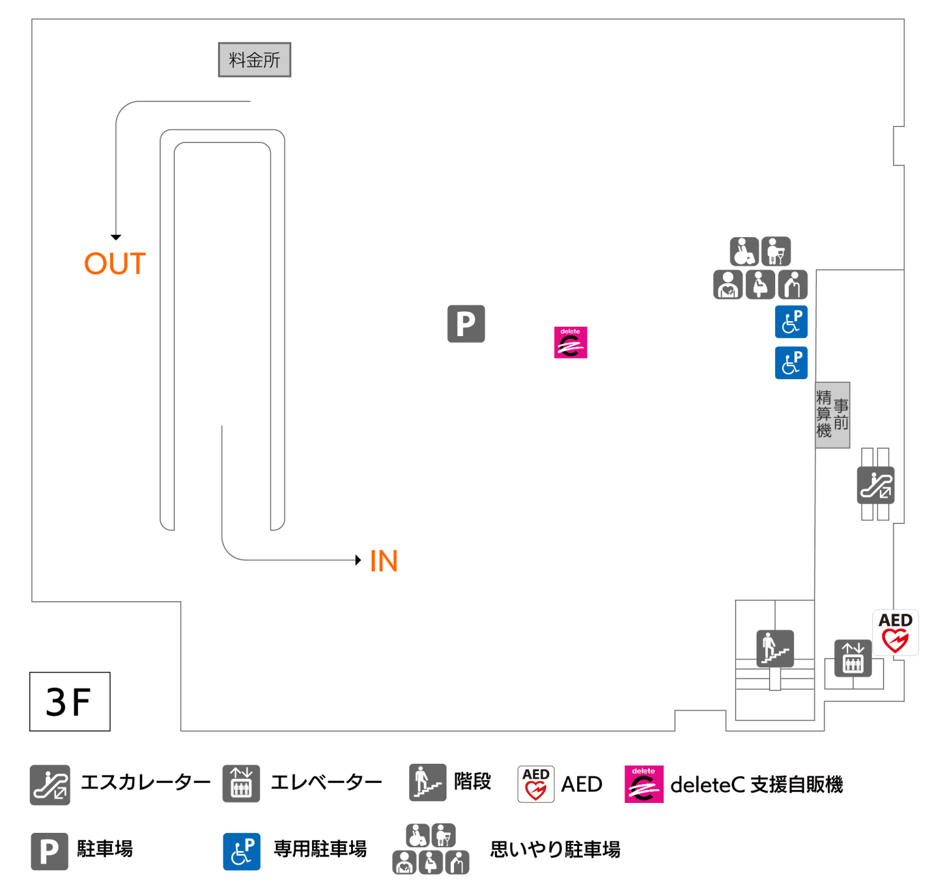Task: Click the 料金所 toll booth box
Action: click(254, 60)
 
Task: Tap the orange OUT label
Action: click(115, 264)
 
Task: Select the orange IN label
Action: click(384, 561)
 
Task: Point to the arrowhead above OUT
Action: click(116, 237)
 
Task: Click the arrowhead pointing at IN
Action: click(358, 560)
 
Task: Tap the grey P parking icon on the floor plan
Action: click(466, 324)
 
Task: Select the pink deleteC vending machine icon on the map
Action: click(570, 342)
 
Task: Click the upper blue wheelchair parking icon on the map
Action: click(791, 322)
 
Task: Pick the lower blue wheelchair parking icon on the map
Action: click(791, 363)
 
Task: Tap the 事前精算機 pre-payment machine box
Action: click(833, 415)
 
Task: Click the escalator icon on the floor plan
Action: click(875, 486)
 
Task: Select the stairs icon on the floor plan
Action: click(775, 648)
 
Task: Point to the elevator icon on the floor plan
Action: click(852, 658)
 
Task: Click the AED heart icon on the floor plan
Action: click(895, 632)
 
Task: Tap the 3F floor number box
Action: click(70, 702)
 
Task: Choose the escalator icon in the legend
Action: click(50, 785)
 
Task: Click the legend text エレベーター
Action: click(326, 782)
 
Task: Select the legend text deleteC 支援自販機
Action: click(756, 785)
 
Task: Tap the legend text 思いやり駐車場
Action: click(555, 850)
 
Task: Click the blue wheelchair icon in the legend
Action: click(242, 852)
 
